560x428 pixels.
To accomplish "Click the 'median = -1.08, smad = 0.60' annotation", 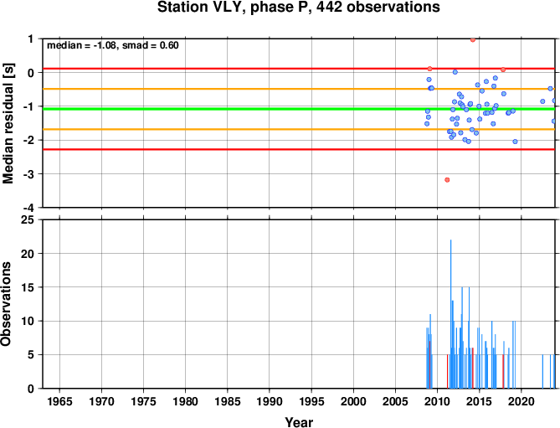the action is click(113, 45).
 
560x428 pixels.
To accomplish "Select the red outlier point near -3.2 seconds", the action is click(447, 180).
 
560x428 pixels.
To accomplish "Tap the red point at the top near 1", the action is click(473, 39).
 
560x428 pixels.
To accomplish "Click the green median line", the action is click(299, 109).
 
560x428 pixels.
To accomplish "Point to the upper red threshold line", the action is click(299, 68).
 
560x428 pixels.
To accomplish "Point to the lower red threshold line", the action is click(299, 149).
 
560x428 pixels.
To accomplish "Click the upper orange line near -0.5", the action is click(299, 89).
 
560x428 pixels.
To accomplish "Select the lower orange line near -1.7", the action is click(299, 129).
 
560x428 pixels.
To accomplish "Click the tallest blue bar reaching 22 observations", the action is click(450, 314).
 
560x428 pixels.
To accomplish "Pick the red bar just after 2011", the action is click(447, 372).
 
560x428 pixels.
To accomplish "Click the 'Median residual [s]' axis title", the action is click(8, 123).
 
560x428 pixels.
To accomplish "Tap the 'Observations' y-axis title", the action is click(6, 304).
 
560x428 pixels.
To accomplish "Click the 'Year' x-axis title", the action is click(299, 422).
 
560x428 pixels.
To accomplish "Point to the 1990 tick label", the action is click(270, 401).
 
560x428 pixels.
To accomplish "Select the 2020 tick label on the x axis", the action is click(521, 401).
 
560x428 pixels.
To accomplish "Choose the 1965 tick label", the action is click(59, 401).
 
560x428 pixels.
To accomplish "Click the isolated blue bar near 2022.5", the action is click(542, 372).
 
